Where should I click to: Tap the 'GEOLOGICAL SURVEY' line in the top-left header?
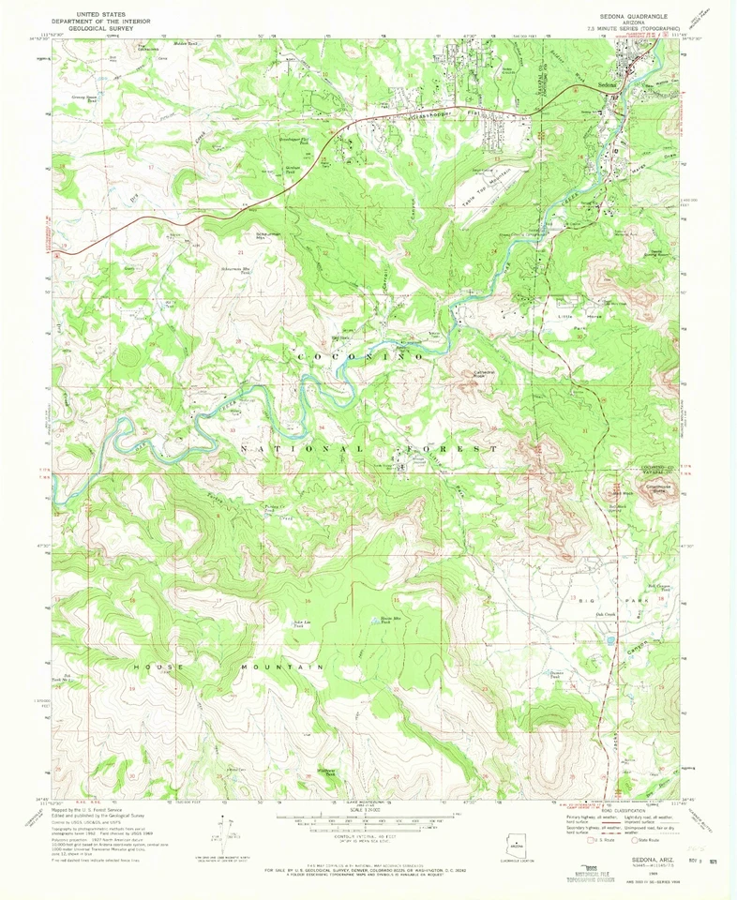click(x=104, y=29)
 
